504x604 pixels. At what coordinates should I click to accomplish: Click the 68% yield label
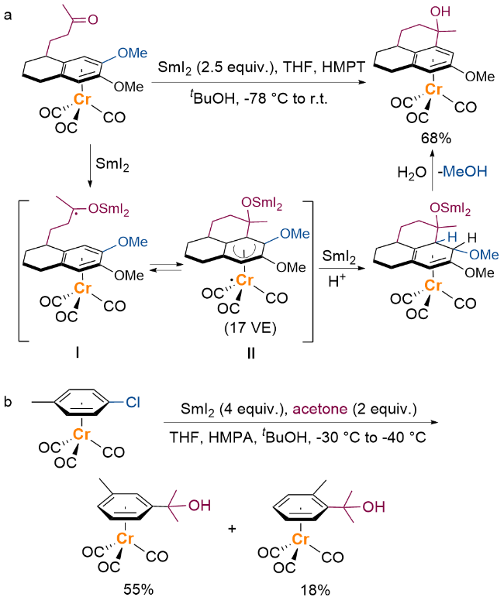tap(436, 139)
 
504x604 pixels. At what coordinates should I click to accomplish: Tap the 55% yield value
tap(139, 589)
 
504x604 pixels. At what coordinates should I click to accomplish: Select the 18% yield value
tap(315, 590)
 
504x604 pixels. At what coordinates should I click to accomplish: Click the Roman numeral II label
tap(251, 353)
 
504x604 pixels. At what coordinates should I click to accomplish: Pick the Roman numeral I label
tap(78, 352)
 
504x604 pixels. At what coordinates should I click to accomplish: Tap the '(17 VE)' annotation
tap(250, 328)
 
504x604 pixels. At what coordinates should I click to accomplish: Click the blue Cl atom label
tap(133, 402)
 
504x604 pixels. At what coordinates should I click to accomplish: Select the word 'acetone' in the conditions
tap(320, 409)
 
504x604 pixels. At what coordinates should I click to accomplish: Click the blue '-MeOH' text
tap(463, 171)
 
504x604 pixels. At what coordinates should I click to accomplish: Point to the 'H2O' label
tap(412, 173)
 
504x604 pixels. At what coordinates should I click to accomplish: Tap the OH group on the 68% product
tap(440, 12)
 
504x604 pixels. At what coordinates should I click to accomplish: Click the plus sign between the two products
tap(232, 528)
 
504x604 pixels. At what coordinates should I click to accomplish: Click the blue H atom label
tap(452, 237)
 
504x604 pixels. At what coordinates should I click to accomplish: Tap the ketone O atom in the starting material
tap(93, 19)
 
